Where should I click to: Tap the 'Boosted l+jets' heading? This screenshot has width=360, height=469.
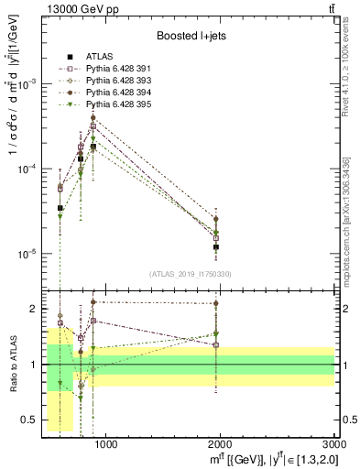(191, 38)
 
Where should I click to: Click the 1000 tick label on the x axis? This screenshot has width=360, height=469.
(106, 445)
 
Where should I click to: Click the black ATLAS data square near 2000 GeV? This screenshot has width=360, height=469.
(216, 247)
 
